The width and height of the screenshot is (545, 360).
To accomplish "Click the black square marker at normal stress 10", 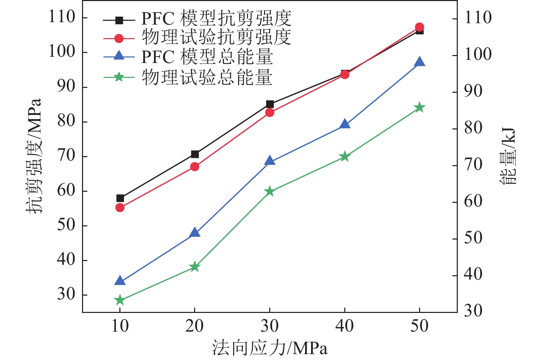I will tap(120, 198).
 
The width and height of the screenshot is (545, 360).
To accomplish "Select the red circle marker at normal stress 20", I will tap(195, 166).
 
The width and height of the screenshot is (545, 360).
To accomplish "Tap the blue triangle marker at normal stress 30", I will tap(270, 161).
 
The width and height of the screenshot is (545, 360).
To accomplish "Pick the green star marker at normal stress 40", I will tap(345, 157).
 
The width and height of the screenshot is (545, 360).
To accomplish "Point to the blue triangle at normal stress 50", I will tap(419, 62).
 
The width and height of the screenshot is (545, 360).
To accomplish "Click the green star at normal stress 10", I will tap(120, 300).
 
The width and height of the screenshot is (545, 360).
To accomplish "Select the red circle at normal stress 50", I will tap(419, 27).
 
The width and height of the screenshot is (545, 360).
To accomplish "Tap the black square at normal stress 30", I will tap(270, 104).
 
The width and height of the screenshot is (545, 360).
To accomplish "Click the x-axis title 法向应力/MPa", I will tap(270, 348).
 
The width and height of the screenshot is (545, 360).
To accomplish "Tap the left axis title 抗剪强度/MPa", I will tap(34, 156).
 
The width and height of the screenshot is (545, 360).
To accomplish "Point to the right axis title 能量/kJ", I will tap(508, 156).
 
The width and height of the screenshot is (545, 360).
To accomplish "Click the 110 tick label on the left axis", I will tap(62, 17).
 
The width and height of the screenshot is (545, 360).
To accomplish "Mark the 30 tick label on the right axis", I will tap(473, 311).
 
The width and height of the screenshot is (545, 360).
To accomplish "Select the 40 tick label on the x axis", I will tap(345, 326).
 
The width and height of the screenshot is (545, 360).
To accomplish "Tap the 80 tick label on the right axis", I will tap(473, 128).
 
